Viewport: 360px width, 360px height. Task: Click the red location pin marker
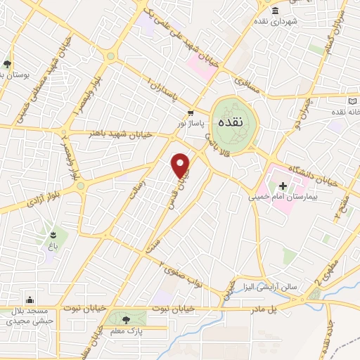[x=181, y=165]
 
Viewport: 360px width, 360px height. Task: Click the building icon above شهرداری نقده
[x=274, y=9]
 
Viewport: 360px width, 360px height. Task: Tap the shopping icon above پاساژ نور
[x=191, y=112]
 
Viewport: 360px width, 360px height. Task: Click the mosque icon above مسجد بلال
[x=30, y=300]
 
